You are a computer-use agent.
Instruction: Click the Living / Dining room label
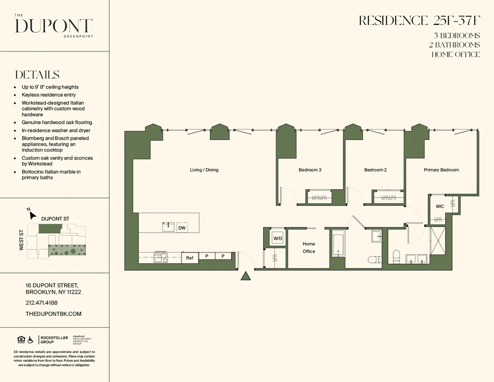click(x=204, y=170)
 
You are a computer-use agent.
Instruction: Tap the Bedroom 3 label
click(x=310, y=170)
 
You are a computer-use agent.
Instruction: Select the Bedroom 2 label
click(x=375, y=170)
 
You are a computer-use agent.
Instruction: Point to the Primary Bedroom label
click(x=441, y=170)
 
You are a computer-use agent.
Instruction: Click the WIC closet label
click(x=440, y=206)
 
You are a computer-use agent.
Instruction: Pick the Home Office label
click(x=309, y=248)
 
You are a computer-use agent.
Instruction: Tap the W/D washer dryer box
click(x=278, y=238)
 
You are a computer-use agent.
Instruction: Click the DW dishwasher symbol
click(x=182, y=228)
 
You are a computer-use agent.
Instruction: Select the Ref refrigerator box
click(x=190, y=258)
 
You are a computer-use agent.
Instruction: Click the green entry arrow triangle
click(x=246, y=276)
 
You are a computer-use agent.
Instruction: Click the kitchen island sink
click(x=168, y=227)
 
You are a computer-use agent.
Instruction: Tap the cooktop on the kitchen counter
click(x=160, y=258)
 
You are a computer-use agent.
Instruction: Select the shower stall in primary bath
click(x=438, y=241)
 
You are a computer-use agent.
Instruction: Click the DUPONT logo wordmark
click(x=54, y=26)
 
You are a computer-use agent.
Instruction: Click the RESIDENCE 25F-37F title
click(x=419, y=21)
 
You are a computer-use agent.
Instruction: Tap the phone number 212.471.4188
click(x=42, y=303)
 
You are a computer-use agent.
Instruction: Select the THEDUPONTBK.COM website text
click(x=53, y=314)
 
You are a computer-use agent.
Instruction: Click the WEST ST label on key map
click(x=21, y=240)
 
